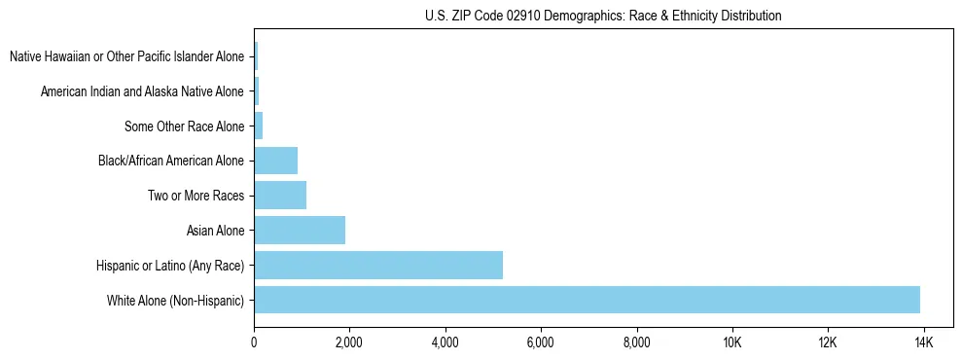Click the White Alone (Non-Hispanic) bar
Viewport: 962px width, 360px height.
(x=587, y=300)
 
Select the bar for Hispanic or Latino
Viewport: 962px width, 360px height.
(x=378, y=265)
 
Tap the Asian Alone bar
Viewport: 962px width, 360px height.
(x=300, y=231)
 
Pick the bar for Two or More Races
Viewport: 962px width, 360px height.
(x=280, y=196)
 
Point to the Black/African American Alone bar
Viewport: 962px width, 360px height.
(x=275, y=161)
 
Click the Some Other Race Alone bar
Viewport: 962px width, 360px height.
(x=259, y=126)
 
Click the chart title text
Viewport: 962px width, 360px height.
(x=603, y=16)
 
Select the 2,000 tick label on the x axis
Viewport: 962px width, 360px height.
(x=348, y=342)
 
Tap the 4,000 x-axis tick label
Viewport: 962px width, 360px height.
(x=445, y=342)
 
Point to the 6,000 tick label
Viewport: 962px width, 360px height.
(x=540, y=342)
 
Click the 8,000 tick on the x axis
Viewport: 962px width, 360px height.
(x=636, y=342)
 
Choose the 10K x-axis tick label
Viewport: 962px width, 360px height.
(x=732, y=342)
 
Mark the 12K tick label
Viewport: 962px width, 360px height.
(x=828, y=342)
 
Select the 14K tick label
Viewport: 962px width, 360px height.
(x=924, y=342)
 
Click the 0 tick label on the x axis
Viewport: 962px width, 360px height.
(x=254, y=342)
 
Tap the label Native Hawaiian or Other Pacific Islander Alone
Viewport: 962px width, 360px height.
(x=126, y=56)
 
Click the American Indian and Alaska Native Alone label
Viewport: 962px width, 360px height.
(x=142, y=91)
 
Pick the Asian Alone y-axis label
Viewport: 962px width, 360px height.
(x=216, y=231)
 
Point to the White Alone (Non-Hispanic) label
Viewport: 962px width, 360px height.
(x=176, y=301)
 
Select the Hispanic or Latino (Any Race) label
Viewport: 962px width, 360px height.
(x=170, y=266)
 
